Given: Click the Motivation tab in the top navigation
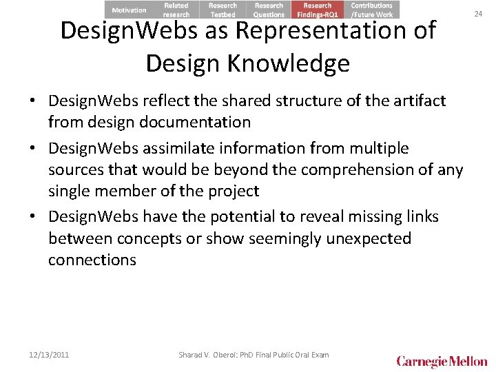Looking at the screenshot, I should [x=130, y=10].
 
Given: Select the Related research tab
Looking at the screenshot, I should [x=176, y=10].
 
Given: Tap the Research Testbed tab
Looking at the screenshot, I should [x=223, y=10].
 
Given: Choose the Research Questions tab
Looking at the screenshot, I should [x=269, y=10].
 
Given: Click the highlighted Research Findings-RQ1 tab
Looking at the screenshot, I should [x=318, y=10].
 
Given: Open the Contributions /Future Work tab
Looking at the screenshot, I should [x=372, y=10].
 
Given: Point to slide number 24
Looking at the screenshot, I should [x=479, y=12].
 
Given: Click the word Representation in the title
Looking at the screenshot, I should [x=333, y=31].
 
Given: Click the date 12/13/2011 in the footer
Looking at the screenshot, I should [x=49, y=355].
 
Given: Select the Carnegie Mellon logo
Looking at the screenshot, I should [x=442, y=361].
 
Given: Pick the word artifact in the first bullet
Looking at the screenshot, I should [x=419, y=101].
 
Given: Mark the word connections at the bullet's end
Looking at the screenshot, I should [x=92, y=260].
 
